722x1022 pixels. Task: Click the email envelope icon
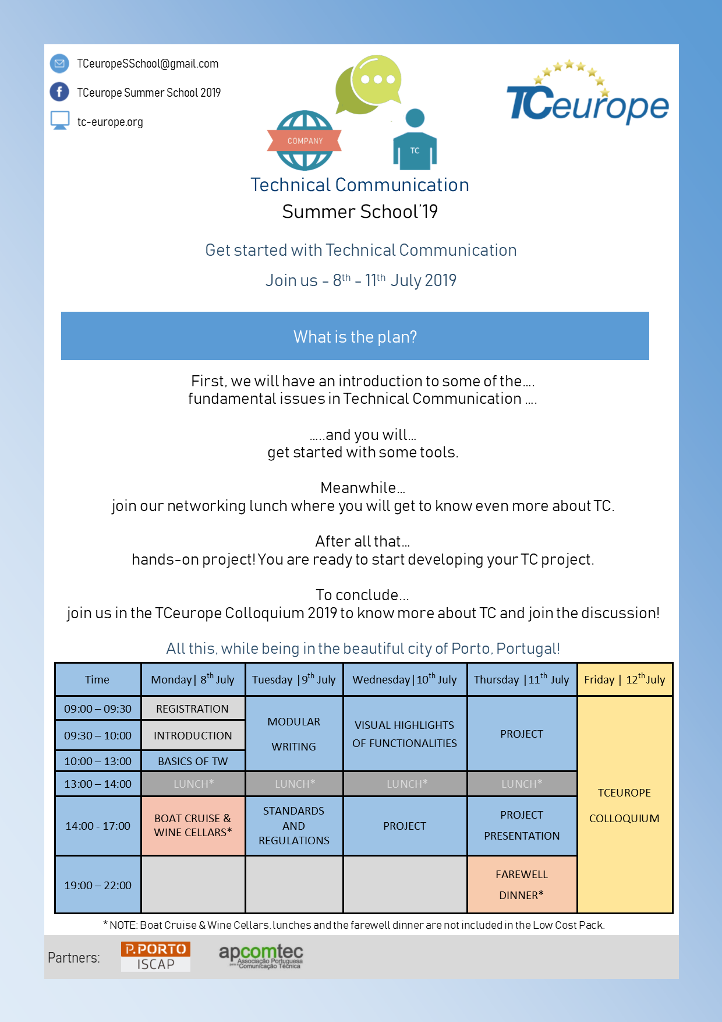pos(59,64)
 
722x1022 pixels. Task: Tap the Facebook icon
pos(59,92)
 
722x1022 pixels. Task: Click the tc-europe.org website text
pos(110,122)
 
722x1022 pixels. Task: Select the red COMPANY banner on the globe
pos(305,140)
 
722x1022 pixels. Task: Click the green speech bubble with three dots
pos(377,79)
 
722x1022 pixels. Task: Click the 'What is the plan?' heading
pos(355,337)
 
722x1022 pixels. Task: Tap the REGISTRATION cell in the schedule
pos(193,709)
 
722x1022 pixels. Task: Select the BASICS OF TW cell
pos(193,761)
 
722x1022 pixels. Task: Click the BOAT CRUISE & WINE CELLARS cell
pos(193,825)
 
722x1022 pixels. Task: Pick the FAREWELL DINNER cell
pos(522,884)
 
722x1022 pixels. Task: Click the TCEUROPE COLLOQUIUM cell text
pos(624,805)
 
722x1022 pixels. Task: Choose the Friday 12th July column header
pos(625,679)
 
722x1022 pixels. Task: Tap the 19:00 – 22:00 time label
pos(98,885)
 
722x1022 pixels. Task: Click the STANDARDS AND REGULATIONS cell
pos(294,826)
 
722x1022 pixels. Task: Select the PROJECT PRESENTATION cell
pos(522,825)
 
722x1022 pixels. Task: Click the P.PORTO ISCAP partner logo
pos(155,956)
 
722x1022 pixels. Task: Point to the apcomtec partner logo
pos(261,956)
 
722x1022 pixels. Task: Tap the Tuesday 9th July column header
pos(294,679)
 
